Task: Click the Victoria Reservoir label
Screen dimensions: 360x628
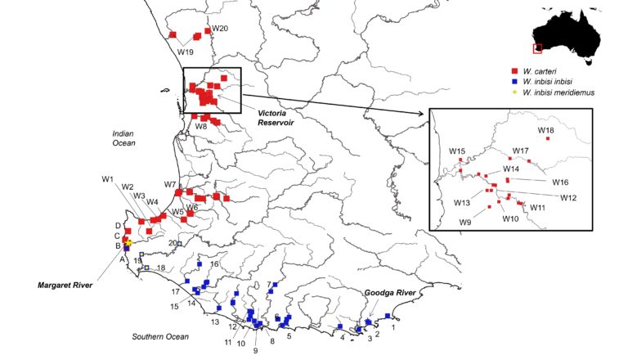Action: [276, 115]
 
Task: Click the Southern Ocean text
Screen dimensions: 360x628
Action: [160, 336]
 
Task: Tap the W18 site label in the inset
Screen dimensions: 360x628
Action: [545, 130]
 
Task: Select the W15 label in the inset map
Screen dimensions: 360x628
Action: [456, 151]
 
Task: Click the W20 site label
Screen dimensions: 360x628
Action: [220, 29]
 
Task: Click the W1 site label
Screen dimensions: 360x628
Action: [107, 178]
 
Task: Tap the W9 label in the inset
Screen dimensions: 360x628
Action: [465, 222]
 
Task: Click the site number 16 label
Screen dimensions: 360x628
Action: [214, 264]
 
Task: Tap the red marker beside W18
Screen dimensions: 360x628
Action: [548, 139]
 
